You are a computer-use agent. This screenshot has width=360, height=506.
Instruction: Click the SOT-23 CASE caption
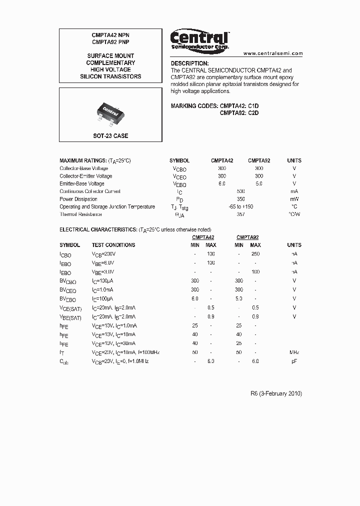click(110, 135)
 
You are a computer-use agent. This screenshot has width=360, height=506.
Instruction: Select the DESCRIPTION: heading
click(189, 63)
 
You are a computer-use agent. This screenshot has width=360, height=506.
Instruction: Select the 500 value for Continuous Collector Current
click(240, 191)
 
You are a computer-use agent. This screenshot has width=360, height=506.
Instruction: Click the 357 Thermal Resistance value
click(240, 214)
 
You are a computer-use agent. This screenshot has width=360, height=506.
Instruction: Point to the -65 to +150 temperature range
click(240, 206)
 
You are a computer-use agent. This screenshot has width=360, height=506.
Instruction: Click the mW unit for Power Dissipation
click(294, 199)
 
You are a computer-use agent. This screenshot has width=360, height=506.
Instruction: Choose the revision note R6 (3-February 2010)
click(276, 393)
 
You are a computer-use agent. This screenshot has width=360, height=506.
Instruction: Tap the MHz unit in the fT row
click(294, 352)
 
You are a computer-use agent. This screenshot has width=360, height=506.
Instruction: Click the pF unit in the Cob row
click(294, 360)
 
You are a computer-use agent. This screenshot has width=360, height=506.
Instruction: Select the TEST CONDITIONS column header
click(113, 245)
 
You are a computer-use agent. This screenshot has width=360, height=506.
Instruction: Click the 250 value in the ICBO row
click(255, 254)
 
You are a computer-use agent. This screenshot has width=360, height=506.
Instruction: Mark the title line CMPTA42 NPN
click(110, 35)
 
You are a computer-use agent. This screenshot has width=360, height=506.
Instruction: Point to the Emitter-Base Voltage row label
click(82, 183)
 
